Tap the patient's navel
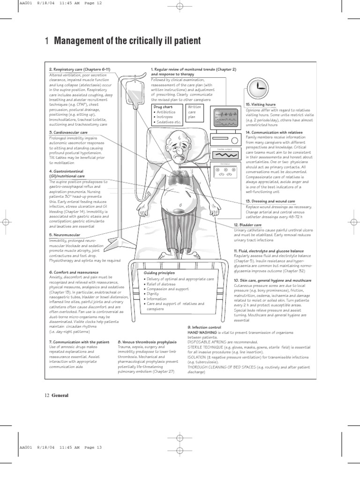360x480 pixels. point(180,206)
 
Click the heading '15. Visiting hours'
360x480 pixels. point(260,105)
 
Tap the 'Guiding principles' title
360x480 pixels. point(160,273)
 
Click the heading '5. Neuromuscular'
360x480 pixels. point(64,234)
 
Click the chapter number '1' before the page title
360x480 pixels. point(46,41)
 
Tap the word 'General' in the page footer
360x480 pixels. point(60,395)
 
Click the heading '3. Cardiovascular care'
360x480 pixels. point(68,133)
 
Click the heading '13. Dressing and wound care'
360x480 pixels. point(270,201)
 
